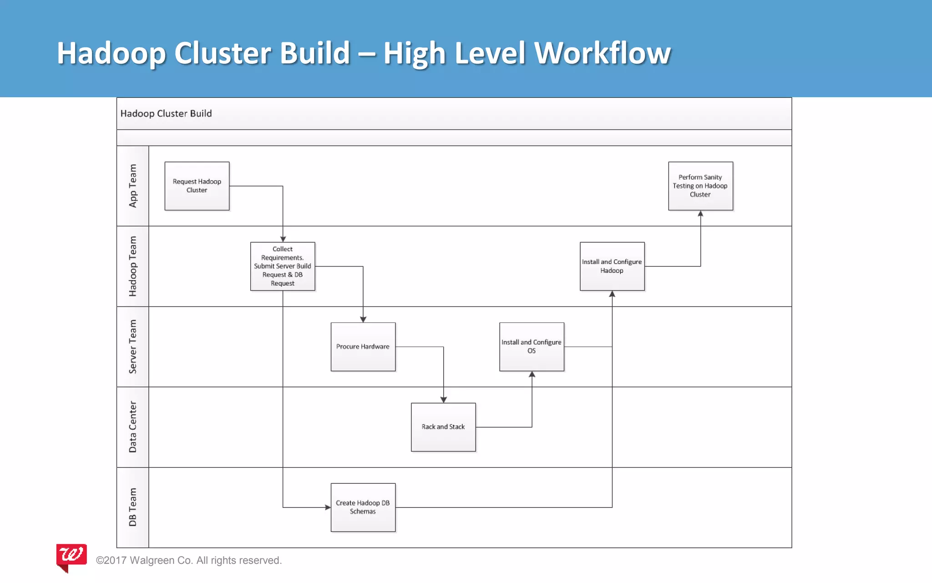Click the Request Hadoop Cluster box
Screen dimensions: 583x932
197,186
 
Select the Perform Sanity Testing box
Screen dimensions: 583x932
700,186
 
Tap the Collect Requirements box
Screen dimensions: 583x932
283,266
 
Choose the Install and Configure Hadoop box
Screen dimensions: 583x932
612,266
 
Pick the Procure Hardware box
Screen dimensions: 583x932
363,347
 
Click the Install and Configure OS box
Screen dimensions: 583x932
532,347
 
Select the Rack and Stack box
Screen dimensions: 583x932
443,427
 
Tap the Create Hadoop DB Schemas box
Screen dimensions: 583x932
363,507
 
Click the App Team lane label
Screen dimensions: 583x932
133,186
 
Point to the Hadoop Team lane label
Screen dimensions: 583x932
133,266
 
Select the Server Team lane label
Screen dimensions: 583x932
133,347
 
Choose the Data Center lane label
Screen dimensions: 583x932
133,427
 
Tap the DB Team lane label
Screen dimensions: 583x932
133,507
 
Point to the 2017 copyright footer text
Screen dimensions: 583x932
189,560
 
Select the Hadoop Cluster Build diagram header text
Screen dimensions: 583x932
166,113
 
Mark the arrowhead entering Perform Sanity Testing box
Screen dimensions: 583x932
700,214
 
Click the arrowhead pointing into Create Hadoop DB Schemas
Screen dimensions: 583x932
328,507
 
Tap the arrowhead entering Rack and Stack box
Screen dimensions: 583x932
443,399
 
